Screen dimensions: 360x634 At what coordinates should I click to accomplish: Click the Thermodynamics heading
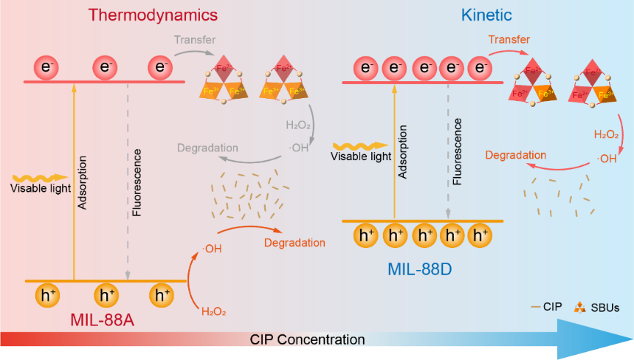(x=153, y=14)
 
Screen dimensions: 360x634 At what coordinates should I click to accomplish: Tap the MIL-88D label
(x=419, y=269)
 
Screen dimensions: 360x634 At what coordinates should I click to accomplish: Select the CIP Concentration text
(x=307, y=340)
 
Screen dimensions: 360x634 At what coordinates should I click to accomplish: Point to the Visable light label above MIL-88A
(x=40, y=189)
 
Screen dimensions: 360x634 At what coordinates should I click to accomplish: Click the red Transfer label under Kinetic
(x=510, y=39)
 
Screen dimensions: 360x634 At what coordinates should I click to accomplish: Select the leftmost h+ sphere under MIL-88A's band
(x=48, y=296)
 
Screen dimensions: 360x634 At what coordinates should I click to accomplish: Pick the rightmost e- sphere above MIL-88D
(x=480, y=69)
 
